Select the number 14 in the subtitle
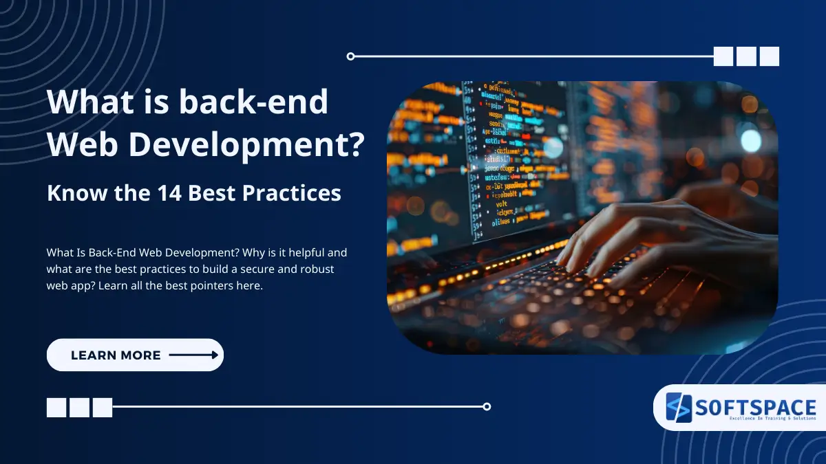(x=169, y=193)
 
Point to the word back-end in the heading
(x=253, y=102)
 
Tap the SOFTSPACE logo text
(x=755, y=407)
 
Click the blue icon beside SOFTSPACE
(x=678, y=408)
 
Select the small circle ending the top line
(x=350, y=56)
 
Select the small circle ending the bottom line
(x=487, y=406)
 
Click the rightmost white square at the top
(x=769, y=56)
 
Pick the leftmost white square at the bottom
(x=56, y=408)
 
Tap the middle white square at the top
(x=746, y=56)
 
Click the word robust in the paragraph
(x=317, y=269)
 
